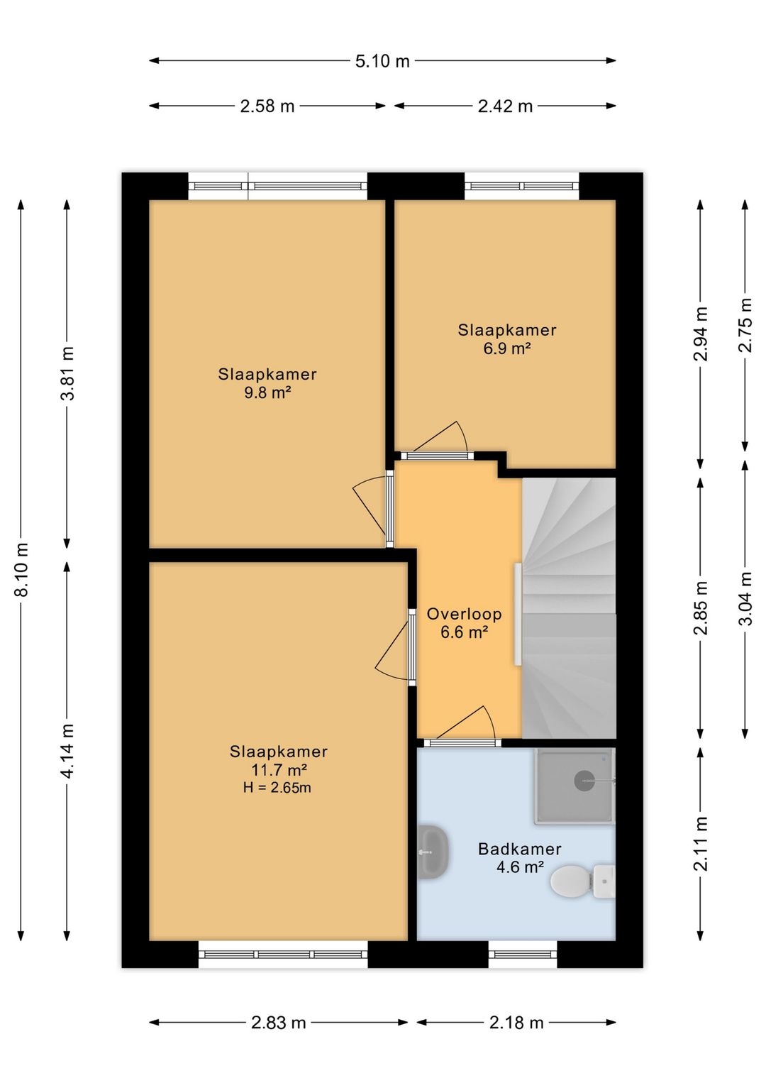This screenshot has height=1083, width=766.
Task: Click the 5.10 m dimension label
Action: click(382, 62)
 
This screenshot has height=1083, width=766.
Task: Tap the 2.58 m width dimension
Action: click(267, 106)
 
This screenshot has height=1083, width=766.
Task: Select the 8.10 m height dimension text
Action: click(22, 569)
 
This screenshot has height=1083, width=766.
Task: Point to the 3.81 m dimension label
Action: click(67, 373)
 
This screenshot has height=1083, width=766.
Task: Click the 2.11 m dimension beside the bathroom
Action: click(701, 843)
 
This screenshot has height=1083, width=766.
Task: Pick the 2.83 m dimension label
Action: click(278, 1023)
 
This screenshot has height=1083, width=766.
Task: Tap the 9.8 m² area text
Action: click(267, 392)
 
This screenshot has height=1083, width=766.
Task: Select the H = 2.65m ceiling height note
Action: click(277, 788)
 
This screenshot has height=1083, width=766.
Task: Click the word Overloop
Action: click(464, 614)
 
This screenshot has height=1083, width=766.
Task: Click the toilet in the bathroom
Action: click(582, 881)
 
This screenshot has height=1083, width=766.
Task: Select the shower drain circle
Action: click(584, 781)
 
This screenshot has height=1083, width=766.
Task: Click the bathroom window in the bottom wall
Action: click(523, 955)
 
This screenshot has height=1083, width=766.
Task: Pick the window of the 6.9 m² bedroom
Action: click(522, 186)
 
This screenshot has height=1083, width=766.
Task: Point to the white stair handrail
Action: click(518, 614)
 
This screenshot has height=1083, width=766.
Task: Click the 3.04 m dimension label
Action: click(746, 598)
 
